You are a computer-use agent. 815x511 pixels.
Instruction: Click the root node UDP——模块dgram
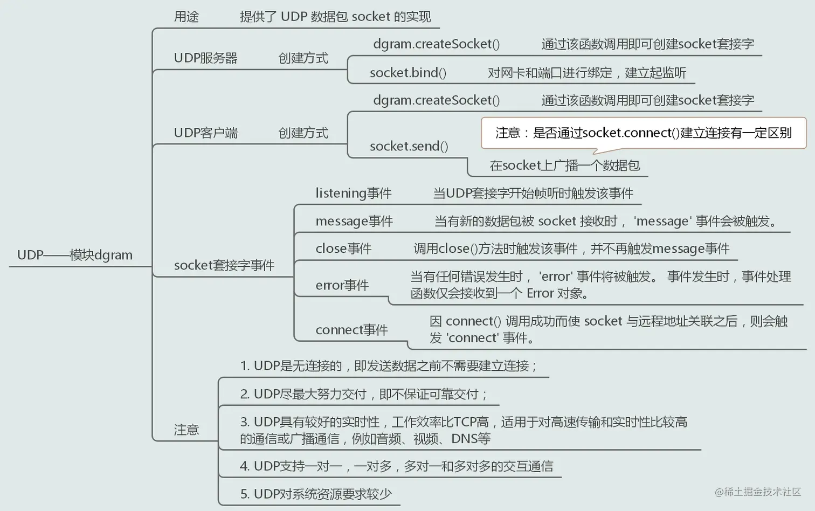pos(75,255)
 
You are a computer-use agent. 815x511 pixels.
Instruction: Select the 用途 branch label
pos(187,17)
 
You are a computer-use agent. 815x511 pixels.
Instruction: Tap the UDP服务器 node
pos(205,58)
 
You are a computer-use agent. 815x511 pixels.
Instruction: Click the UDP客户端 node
pos(205,133)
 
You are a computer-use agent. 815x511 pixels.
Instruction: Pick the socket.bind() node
pos(408,73)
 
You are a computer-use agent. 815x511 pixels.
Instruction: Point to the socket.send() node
pos(409,146)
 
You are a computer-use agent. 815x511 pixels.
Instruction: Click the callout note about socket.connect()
pos(644,133)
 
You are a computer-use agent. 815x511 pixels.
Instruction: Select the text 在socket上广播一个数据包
pos(564,165)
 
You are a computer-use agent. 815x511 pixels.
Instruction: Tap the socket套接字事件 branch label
pos(224,265)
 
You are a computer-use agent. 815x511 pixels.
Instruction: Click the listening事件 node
pos(354,193)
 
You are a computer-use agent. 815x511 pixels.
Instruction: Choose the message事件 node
pos(354,221)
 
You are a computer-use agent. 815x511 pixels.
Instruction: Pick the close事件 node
pos(343,248)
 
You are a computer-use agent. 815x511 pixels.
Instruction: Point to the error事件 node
pos(342,285)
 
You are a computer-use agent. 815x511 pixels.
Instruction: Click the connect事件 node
pos(351,330)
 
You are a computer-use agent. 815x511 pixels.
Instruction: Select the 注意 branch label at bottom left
pos(187,430)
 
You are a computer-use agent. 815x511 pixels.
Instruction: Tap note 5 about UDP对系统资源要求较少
pos(316,494)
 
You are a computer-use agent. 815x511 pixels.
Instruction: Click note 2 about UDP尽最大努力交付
pos(363,394)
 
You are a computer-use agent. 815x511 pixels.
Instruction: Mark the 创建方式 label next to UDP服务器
pos(303,58)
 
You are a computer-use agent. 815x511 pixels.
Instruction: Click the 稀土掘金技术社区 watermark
pos(758,492)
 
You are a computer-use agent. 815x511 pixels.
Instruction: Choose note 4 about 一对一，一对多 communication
pos(396,466)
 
